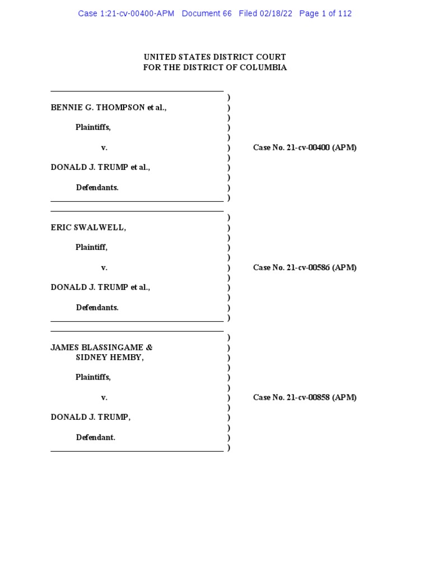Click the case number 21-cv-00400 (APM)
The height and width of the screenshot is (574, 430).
point(305,147)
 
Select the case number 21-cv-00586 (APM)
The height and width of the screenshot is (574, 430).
point(305,267)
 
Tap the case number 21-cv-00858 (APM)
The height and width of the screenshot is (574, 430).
point(305,397)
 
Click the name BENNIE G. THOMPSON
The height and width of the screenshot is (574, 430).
point(98,108)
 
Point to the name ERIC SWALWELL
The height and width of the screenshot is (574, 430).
point(87,228)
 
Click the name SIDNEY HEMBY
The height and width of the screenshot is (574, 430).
point(109,358)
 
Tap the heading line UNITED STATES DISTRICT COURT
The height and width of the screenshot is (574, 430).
point(215,57)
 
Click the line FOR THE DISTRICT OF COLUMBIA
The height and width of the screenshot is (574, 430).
point(215,67)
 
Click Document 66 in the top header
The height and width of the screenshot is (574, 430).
point(207,13)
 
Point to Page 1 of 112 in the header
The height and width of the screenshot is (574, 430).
point(325,13)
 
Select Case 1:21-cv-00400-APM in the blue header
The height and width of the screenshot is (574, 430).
point(126,13)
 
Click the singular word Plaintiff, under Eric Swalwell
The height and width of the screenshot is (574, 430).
point(91,247)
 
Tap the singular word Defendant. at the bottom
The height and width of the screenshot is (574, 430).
point(95,437)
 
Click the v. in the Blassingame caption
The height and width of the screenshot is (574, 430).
point(104,397)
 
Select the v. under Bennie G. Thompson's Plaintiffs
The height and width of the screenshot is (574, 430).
point(104,147)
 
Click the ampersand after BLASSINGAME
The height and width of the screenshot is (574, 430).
point(149,348)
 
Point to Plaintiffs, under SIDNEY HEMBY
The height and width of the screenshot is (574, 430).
point(93,377)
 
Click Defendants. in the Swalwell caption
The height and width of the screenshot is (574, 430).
point(97,307)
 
